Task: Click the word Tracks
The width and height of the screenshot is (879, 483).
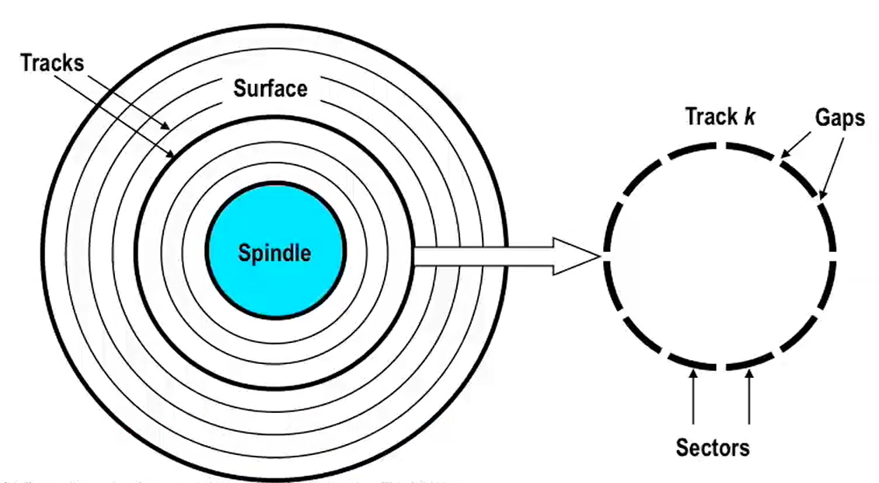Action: point(52,63)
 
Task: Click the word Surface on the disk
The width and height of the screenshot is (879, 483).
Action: point(270,89)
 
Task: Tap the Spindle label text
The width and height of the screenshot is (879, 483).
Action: point(274,253)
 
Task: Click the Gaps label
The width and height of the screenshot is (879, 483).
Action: point(840,117)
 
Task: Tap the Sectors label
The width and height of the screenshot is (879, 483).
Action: point(713,447)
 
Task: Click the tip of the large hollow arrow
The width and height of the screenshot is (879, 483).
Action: point(598,256)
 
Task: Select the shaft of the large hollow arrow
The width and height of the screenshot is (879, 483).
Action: point(482,256)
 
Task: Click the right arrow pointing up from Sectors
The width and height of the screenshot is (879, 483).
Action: point(749,397)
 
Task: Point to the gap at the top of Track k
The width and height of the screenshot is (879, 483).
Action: point(721,145)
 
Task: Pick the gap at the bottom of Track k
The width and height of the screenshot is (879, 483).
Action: point(721,366)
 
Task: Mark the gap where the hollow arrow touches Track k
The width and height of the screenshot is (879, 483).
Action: point(607,256)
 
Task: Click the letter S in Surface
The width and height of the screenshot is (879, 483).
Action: point(240,89)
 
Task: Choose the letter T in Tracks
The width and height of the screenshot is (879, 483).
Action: point(26,63)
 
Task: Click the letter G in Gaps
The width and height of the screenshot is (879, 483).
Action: point(822,117)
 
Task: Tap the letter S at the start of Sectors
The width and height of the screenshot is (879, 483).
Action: point(682,447)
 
